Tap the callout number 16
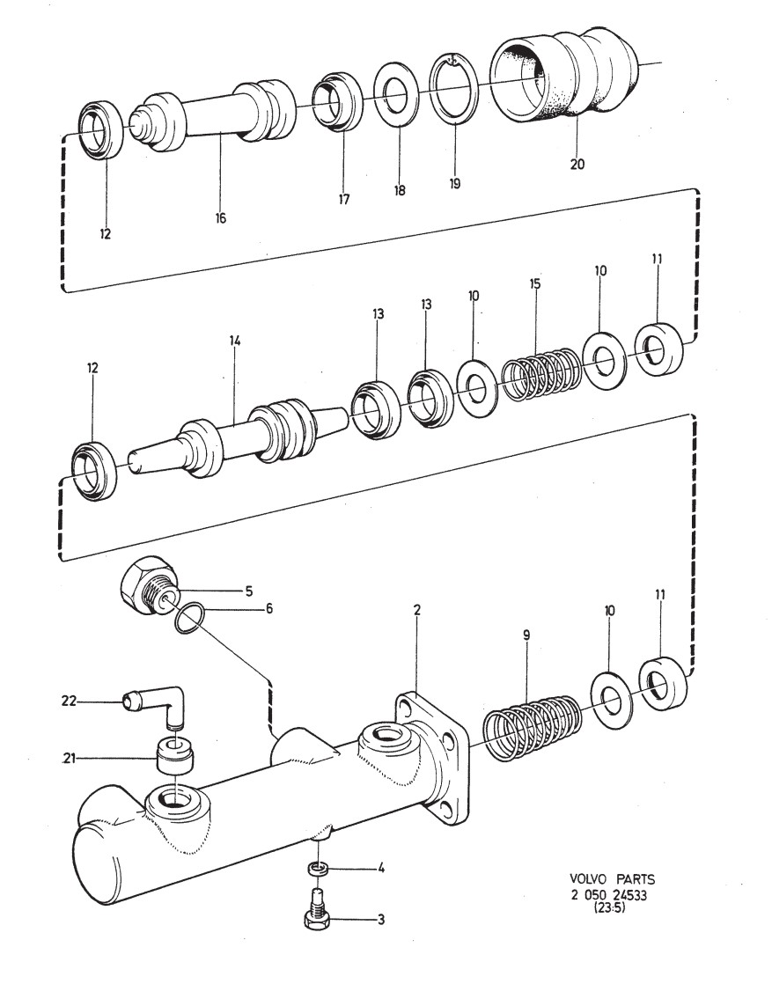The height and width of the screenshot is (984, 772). tap(220, 217)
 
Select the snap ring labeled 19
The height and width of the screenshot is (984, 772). tap(453, 89)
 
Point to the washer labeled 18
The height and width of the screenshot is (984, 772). tap(396, 95)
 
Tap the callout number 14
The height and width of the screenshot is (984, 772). tap(235, 341)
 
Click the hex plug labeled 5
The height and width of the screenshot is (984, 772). tap(145, 587)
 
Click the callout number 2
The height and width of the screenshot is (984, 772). tap(417, 609)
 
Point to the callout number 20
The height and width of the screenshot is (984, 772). tap(577, 165)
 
